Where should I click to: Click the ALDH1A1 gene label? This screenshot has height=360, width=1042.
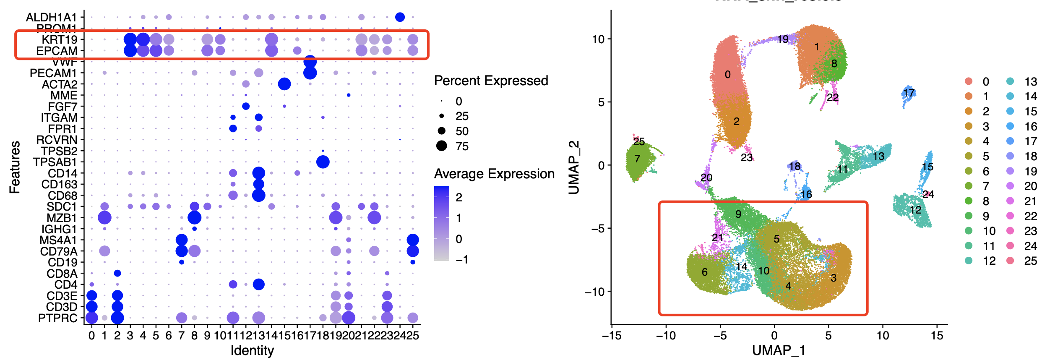pyautogui.click(x=52, y=17)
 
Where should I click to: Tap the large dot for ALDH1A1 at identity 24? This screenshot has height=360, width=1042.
pyautogui.click(x=400, y=17)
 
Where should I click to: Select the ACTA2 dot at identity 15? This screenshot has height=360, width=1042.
pyautogui.click(x=284, y=84)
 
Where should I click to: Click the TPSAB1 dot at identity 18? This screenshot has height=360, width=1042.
pyautogui.click(x=323, y=162)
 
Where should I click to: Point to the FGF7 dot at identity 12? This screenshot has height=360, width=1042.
pyautogui.click(x=246, y=106)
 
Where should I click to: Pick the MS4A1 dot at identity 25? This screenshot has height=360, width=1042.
pyautogui.click(x=413, y=240)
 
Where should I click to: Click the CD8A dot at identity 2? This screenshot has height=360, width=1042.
pyautogui.click(x=117, y=273)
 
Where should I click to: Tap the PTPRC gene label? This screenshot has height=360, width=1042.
pyautogui.click(x=57, y=318)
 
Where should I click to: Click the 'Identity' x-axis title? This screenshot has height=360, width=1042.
pyautogui.click(x=252, y=350)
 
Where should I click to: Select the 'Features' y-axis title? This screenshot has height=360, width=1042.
pyautogui.click(x=15, y=167)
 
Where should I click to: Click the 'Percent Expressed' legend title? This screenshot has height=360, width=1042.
pyautogui.click(x=491, y=81)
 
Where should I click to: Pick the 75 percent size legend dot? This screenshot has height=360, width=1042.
pyautogui.click(x=442, y=146)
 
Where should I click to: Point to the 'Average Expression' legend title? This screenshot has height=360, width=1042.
pyautogui.click(x=494, y=174)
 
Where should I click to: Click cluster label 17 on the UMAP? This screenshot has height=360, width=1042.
pyautogui.click(x=909, y=93)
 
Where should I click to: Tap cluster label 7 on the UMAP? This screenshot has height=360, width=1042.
pyautogui.click(x=637, y=159)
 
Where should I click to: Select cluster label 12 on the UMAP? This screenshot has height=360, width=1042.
pyautogui.click(x=915, y=210)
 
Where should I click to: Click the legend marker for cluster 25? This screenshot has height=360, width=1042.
pyautogui.click(x=1010, y=261)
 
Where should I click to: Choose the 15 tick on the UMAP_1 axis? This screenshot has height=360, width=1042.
pyautogui.click(x=937, y=336)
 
